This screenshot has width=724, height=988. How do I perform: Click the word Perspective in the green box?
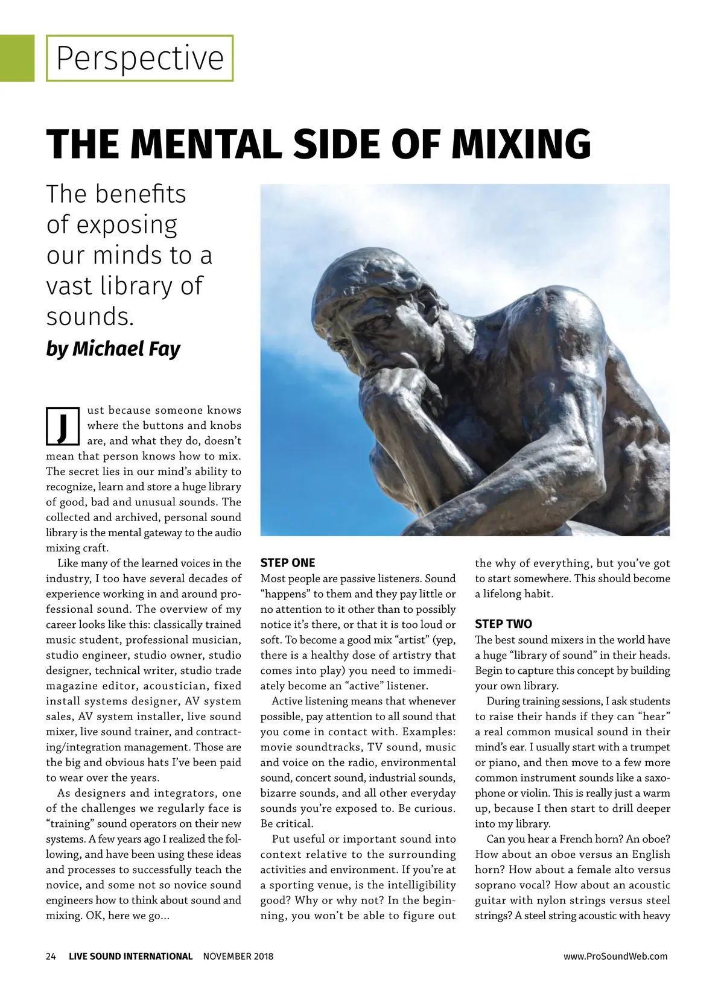(x=139, y=59)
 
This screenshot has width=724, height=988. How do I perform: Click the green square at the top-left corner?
(x=17, y=58)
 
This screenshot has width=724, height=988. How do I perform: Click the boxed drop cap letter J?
(x=63, y=426)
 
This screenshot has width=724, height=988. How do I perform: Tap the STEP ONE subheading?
(x=287, y=563)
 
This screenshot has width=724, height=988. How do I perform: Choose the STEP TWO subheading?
(x=503, y=624)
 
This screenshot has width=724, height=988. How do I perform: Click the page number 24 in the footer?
(x=51, y=956)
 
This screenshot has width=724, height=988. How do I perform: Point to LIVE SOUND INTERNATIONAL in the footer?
(x=130, y=956)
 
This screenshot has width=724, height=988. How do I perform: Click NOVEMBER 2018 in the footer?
(x=238, y=956)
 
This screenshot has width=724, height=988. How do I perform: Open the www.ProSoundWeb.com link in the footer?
(x=615, y=956)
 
